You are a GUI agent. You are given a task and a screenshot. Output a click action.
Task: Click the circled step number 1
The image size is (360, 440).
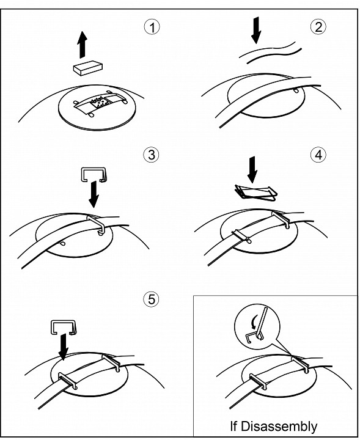pos(152,28)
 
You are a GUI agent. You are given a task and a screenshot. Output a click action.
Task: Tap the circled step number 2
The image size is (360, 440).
pos(318,27)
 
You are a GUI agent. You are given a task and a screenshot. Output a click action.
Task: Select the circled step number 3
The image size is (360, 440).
pos(151,155)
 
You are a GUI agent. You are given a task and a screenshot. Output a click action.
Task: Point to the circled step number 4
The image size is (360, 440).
pos(318,155)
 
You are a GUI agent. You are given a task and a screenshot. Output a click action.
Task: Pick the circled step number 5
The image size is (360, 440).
pos(151,299)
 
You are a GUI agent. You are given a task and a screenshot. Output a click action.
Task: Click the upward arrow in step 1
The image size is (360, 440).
pos(83,45)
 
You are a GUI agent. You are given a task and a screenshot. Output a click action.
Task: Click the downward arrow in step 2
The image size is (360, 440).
pos(256,31)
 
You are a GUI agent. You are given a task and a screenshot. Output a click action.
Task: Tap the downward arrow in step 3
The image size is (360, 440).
pos(94,194)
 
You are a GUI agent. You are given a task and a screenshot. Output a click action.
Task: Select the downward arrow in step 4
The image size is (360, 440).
pos(252,170)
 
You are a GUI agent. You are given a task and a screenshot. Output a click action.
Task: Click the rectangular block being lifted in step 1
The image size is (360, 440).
pos(88,68)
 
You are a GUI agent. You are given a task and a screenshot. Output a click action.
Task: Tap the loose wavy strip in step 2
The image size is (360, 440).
pos(270,53)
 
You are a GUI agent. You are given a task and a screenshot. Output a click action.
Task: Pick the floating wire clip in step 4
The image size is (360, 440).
pos(256,193)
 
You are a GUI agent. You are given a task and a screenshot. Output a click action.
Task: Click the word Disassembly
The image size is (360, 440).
pos(279,426)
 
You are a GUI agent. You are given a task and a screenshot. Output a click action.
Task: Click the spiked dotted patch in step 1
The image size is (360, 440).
pos(100,103)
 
